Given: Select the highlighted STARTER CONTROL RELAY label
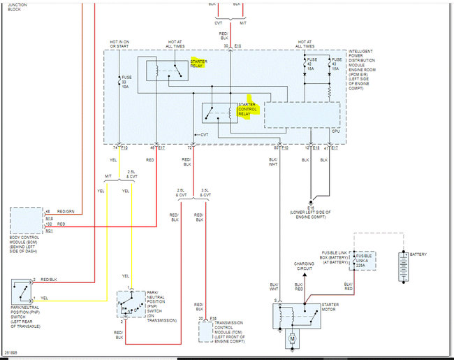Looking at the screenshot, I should coord(248,110).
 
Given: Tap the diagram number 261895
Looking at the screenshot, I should coord(12,353).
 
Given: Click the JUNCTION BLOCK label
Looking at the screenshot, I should coord(17,6).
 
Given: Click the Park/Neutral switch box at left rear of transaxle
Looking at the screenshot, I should coord(24,291).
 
